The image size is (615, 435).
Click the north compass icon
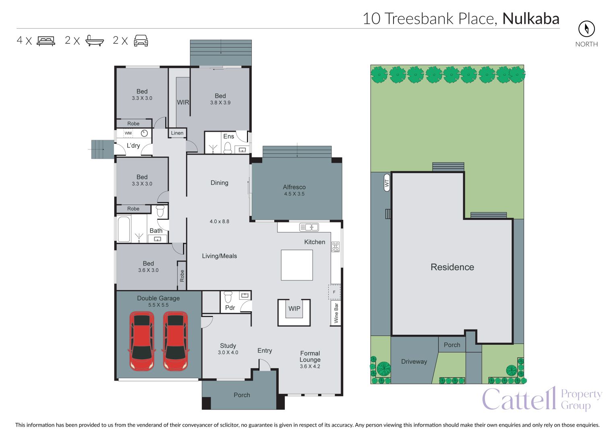pyautogui.click(x=586, y=29)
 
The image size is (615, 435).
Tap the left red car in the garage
pyautogui.click(x=141, y=341)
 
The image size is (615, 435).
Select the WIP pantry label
pyautogui.click(x=294, y=309)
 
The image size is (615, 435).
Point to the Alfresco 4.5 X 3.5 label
pyautogui.click(x=294, y=190)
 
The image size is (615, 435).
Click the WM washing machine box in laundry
pyautogui.click(x=128, y=133)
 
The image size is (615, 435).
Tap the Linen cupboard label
pyautogui.click(x=177, y=133)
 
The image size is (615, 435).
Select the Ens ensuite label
pyautogui.click(x=228, y=137)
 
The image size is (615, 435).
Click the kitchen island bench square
pyautogui.click(x=297, y=265)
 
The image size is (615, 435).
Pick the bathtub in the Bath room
pyautogui.click(x=124, y=230)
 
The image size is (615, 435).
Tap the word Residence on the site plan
pyautogui.click(x=452, y=267)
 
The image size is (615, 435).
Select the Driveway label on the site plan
pyautogui.click(x=414, y=362)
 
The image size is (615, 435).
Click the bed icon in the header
pyautogui.click(x=46, y=41)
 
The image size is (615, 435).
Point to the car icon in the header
pyautogui.click(x=141, y=41)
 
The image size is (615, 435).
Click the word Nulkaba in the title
pyautogui.click(x=531, y=19)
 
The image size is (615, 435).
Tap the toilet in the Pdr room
pyautogui.click(x=228, y=297)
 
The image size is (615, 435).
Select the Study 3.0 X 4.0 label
pyautogui.click(x=228, y=349)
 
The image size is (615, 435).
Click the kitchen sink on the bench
pyautogui.click(x=309, y=228)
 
